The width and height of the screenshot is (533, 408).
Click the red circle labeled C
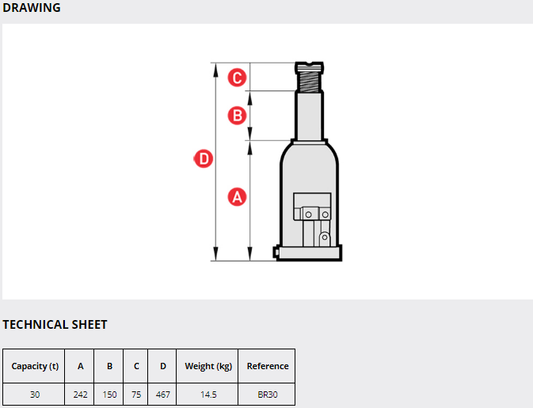pyautogui.click(x=237, y=78)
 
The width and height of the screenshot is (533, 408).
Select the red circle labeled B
pyautogui.click(x=237, y=115)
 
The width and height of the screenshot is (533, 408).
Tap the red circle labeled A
pyautogui.click(x=237, y=196)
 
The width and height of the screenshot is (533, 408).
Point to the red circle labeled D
pyautogui.click(x=204, y=158)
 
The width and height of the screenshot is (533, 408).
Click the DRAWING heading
pyautogui.click(x=31, y=7)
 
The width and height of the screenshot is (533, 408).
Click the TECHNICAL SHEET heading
pyautogui.click(x=55, y=324)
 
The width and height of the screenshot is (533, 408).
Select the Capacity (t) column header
pyautogui.click(x=35, y=366)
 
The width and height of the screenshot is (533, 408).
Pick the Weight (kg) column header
pyautogui.click(x=208, y=366)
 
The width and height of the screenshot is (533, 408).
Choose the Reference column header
pyautogui.click(x=268, y=366)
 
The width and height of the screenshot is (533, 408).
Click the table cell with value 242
pyautogui.click(x=80, y=395)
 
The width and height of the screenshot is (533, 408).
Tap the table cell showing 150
pyautogui.click(x=109, y=395)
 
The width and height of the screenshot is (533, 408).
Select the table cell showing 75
pyautogui.click(x=136, y=395)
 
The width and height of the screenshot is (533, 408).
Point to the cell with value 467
pyautogui.click(x=163, y=395)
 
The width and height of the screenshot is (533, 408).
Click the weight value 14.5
pyautogui.click(x=208, y=395)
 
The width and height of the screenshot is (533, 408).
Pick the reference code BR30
pyautogui.click(x=268, y=395)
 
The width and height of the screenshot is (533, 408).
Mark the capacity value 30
pyautogui.click(x=35, y=395)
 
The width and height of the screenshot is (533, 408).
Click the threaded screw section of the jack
pyautogui.click(x=309, y=82)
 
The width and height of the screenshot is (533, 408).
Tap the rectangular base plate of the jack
pyautogui.click(x=309, y=253)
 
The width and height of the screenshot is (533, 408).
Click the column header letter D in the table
pyautogui.click(x=163, y=366)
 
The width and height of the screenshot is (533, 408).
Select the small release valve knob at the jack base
pyautogui.click(x=276, y=252)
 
